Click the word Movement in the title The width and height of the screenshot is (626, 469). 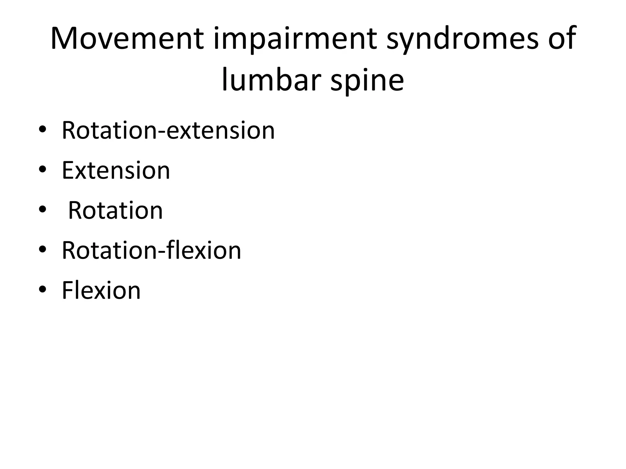pos(127,39)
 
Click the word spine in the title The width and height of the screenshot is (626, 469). pos(367,80)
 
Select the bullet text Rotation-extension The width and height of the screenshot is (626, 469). pos(168,130)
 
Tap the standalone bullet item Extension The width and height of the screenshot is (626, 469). pos(116,170)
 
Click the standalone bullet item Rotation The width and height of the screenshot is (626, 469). pos(115,210)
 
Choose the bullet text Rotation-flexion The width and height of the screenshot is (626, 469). pos(151,250)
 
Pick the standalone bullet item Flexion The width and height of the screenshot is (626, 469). pos(101,290)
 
